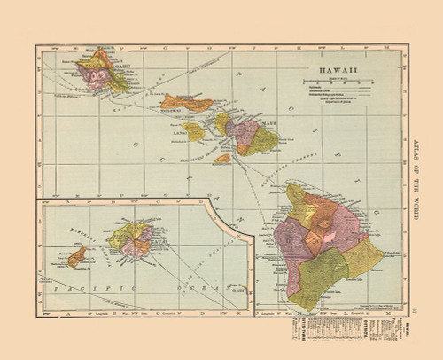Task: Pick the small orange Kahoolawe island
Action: click(222, 159)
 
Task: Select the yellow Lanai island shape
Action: click(193, 132)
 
